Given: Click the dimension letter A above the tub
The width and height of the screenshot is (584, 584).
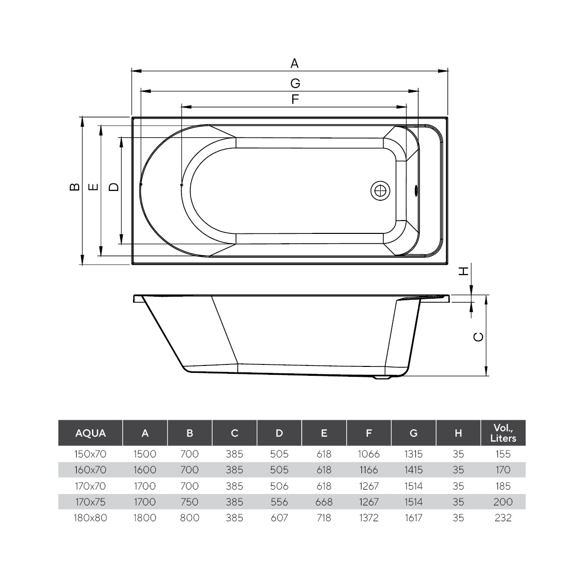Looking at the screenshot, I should (294, 63).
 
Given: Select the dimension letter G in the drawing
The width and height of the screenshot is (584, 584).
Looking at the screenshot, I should (295, 83).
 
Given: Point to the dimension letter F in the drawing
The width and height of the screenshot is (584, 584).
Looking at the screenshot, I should (295, 99).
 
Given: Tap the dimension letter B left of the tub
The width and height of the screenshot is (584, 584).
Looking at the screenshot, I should (74, 186).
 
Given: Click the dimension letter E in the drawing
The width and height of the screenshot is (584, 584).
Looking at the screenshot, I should (93, 186).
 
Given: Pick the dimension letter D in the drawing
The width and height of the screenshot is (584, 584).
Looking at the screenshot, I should (114, 186).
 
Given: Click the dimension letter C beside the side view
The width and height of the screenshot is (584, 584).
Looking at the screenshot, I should (478, 337).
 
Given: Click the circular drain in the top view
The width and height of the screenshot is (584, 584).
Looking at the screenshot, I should (380, 190).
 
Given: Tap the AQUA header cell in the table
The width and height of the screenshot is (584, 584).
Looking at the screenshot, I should (90, 433).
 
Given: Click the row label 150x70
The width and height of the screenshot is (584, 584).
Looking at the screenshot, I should (90, 453).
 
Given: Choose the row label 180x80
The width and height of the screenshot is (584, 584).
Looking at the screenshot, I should (90, 518).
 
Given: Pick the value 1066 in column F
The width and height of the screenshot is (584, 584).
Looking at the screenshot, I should (368, 453).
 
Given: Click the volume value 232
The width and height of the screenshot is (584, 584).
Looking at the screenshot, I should (502, 518).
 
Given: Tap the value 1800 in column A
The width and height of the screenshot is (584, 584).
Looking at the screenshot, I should (145, 518).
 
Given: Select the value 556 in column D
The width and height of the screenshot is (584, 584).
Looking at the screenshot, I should (279, 502).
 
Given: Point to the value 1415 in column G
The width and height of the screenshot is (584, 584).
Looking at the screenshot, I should (413, 470).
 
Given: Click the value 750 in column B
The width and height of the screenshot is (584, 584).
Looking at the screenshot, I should (189, 502).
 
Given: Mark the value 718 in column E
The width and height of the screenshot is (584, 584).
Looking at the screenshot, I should (323, 518).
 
